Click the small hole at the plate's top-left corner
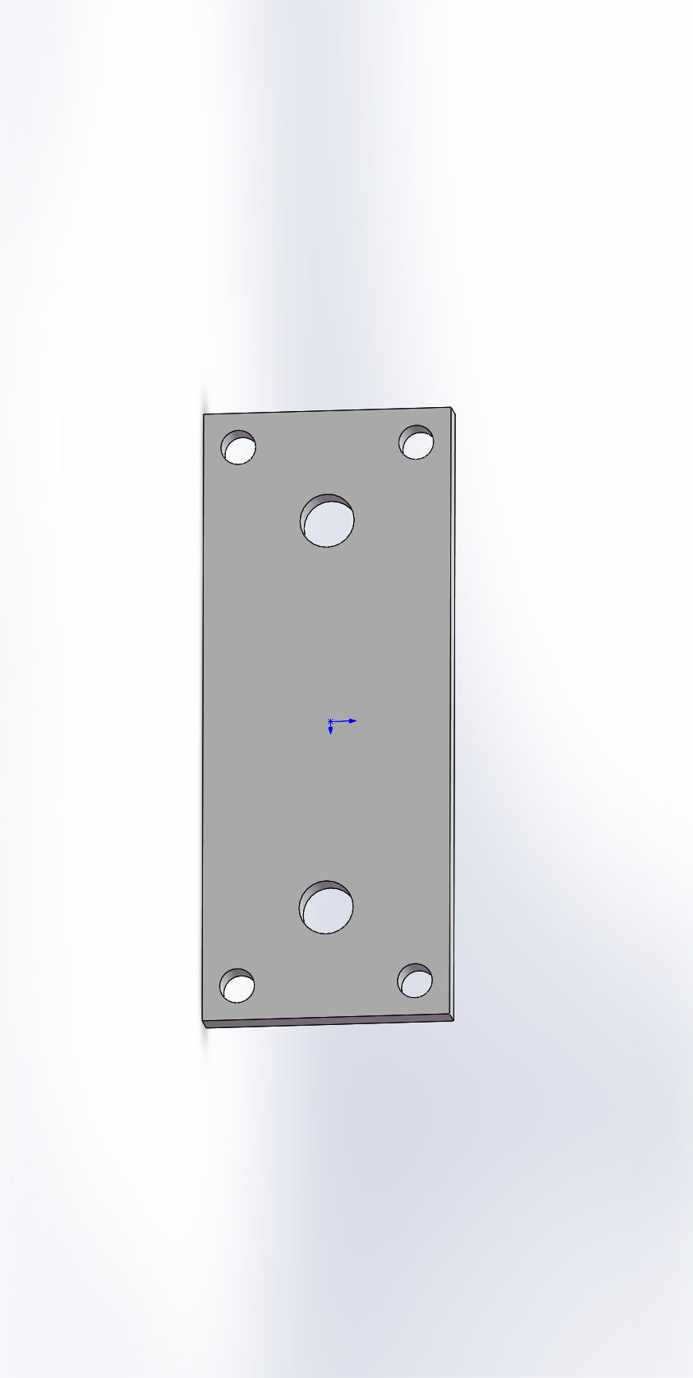click(239, 448)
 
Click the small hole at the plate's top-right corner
click(417, 444)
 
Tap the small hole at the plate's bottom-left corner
click(237, 987)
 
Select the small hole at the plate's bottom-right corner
click(415, 982)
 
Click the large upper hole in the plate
click(328, 522)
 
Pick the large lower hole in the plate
click(327, 909)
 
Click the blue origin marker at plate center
click(330, 721)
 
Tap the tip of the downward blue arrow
click(331, 732)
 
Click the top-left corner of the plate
click(204, 414)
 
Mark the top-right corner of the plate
click(450, 408)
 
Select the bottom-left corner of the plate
click(203, 1021)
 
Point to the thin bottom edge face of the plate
click(326, 1022)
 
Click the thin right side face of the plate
click(453, 716)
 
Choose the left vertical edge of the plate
click(203, 716)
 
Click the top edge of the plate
click(326, 411)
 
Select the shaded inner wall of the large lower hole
click(323, 887)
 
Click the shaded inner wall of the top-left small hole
click(236, 436)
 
